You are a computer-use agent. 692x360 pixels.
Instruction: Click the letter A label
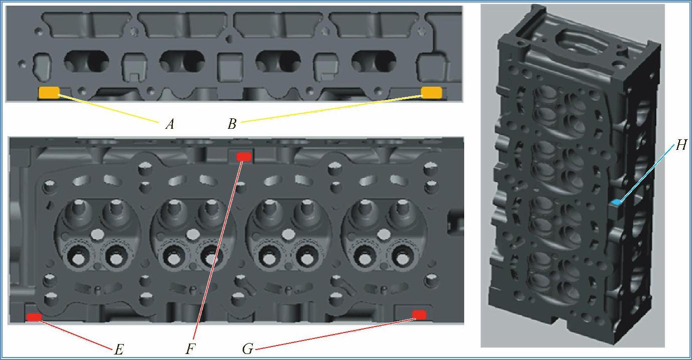170,124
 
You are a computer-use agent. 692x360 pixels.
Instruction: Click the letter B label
232,124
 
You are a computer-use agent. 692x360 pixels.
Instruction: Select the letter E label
119,350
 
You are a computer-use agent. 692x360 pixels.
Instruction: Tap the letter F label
190,349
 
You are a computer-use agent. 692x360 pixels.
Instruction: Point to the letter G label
248,349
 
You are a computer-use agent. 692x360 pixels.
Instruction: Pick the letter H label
681,145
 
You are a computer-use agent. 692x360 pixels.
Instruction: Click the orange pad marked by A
49,92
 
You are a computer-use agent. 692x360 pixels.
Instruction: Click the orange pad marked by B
432,92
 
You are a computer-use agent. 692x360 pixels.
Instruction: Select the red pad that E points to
34,317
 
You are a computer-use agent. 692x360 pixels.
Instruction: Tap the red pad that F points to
244,157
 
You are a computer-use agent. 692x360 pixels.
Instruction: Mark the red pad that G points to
419,315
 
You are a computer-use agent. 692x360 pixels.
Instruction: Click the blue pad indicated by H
616,202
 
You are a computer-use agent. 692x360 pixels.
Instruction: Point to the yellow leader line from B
331,109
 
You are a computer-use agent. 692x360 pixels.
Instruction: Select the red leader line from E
74,334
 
